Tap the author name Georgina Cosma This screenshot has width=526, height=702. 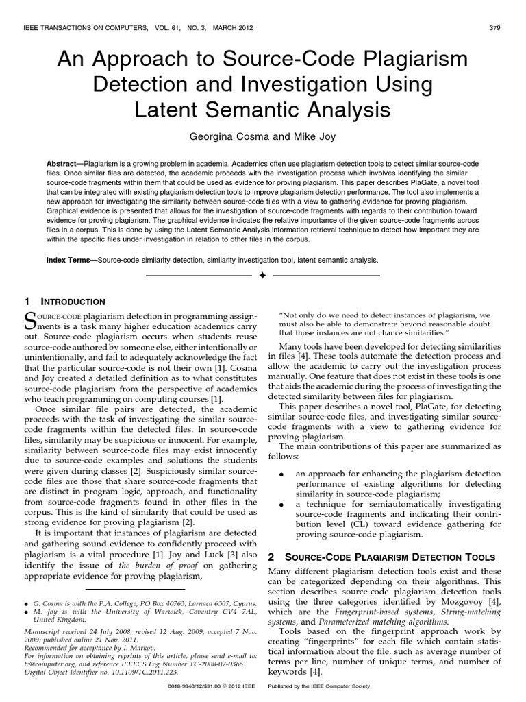coord(225,136)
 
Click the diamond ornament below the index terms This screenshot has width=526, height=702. coord(262,276)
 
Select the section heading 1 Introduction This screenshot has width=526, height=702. coord(65,302)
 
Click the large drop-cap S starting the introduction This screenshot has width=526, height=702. coord(30,319)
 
